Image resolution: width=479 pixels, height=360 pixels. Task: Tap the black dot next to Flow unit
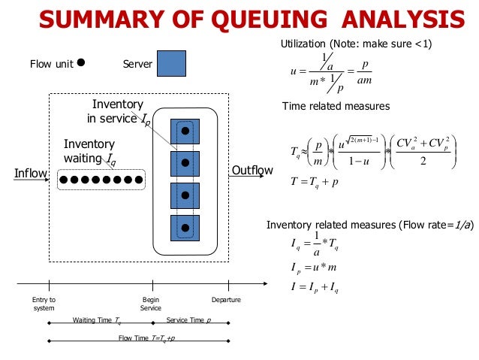tap(81, 63)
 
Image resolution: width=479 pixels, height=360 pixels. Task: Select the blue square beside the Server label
tap(171, 64)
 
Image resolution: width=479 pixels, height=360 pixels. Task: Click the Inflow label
tap(31, 174)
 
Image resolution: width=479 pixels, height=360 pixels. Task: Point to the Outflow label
tap(252, 171)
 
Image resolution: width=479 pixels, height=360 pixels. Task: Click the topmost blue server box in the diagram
tap(184, 132)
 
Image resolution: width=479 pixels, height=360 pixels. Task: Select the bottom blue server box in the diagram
tap(184, 227)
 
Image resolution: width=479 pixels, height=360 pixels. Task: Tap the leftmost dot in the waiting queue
tap(64, 180)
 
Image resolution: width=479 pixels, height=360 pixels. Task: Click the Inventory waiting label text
tap(89, 151)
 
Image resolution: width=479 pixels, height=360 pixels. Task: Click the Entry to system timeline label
tap(44, 304)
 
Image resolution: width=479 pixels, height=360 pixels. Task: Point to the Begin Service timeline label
tap(151, 304)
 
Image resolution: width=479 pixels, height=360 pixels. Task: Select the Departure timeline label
tap(226, 300)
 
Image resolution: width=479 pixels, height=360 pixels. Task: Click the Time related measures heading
tap(336, 106)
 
